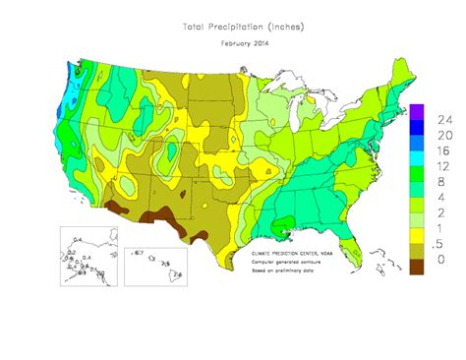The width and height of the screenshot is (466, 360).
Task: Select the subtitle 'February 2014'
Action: point(233,44)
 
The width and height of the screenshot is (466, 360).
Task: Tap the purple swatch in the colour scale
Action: point(416,110)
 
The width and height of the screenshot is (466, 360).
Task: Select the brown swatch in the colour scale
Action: point(416,267)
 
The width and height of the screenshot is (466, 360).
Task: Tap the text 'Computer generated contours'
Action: point(288,261)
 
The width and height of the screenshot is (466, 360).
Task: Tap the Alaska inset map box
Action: point(89,256)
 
